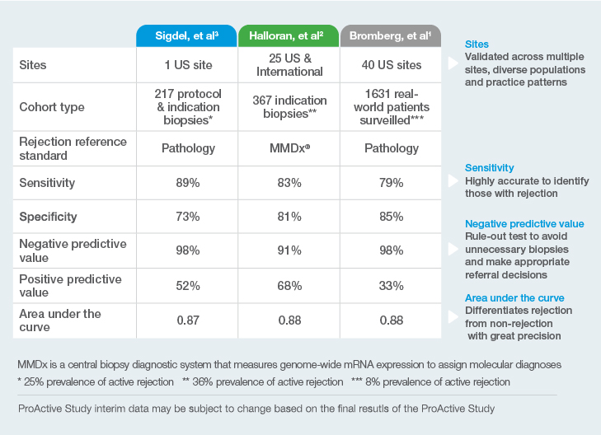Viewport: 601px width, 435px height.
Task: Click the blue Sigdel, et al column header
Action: [x=187, y=36]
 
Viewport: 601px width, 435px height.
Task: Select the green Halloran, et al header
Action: [x=289, y=36]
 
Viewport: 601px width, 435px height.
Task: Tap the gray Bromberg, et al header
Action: [x=392, y=36]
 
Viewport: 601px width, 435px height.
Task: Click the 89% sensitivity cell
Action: [x=187, y=183]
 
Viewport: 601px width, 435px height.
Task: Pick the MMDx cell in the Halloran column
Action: [x=289, y=149]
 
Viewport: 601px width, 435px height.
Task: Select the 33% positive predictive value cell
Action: [x=392, y=285]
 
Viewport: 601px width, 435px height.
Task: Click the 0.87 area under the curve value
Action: [x=187, y=320]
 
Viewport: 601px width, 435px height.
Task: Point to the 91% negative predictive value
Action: [x=289, y=251]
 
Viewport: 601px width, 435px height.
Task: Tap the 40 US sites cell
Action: [x=392, y=65]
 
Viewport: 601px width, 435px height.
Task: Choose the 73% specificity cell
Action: [x=187, y=217]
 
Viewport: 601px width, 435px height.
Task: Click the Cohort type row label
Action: [x=52, y=107]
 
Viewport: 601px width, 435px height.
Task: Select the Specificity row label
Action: [x=48, y=217]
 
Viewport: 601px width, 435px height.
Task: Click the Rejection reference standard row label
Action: [x=73, y=148]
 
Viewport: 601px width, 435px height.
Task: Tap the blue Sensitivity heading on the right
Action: [x=489, y=167]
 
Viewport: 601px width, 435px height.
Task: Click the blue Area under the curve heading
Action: [x=514, y=297]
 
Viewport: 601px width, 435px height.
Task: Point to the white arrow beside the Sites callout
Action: [x=452, y=63]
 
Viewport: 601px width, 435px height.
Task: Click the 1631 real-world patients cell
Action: [x=392, y=107]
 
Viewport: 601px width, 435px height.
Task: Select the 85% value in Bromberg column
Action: [x=392, y=217]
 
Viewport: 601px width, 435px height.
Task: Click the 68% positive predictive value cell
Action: [x=289, y=285]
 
